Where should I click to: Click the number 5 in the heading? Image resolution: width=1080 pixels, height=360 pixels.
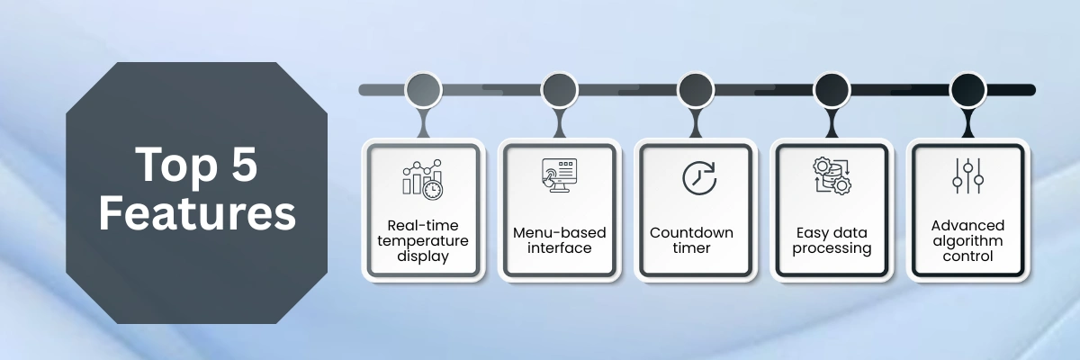click(x=240, y=166)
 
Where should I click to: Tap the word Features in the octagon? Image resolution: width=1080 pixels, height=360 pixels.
click(x=197, y=215)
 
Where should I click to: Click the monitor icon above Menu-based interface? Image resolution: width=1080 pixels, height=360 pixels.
click(x=558, y=175)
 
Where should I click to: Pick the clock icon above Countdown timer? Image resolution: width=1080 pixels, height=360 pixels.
click(x=697, y=177)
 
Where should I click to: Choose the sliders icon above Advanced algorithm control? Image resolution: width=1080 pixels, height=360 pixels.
click(x=967, y=176)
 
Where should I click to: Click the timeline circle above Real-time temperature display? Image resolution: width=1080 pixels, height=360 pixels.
click(x=423, y=90)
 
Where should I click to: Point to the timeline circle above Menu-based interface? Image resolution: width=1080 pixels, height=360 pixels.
click(x=559, y=90)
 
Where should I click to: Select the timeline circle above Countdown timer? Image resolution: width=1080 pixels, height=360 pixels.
click(x=696, y=90)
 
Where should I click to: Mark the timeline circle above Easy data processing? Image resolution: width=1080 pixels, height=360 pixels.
click(x=832, y=90)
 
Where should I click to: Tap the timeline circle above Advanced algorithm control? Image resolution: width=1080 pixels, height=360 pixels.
click(x=968, y=90)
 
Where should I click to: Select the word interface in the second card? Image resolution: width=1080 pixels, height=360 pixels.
click(x=559, y=247)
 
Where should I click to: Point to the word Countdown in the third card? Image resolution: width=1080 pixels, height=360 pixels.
click(x=691, y=232)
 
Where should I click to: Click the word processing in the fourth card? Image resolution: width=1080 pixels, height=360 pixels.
click(x=832, y=247)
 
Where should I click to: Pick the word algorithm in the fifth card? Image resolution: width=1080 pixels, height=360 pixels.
click(x=967, y=240)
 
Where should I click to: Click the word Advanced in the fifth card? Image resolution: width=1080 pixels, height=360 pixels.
click(x=967, y=225)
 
